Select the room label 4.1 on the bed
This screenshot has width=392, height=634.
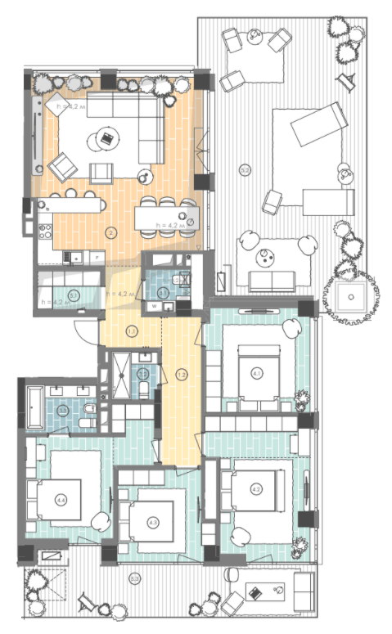pos(257,375)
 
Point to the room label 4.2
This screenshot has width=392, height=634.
pos(256,489)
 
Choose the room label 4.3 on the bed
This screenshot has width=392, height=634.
pos(152,521)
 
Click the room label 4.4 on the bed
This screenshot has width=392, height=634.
pos(62,500)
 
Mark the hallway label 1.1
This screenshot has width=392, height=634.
pos(131,331)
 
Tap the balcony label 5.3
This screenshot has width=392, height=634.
pos(133,579)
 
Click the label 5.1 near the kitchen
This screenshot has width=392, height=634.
pos(74,295)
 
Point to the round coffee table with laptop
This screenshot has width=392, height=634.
pos(106,139)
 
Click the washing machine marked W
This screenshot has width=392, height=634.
pos(153,307)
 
